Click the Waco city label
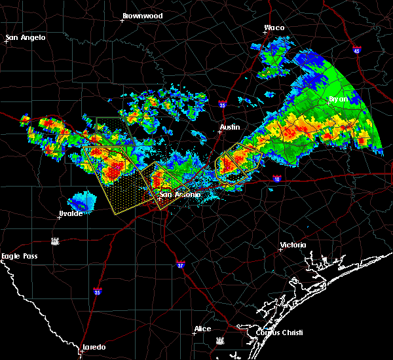[274, 28]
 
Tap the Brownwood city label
[142, 14]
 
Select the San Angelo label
[26, 37]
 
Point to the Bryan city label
[339, 99]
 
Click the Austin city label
[229, 127]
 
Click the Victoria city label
[293, 245]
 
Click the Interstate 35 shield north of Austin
[223, 103]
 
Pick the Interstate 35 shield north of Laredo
[97, 292]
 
